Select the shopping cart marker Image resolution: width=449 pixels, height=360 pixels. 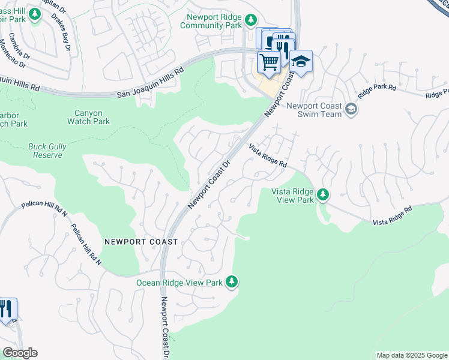pos(269,61)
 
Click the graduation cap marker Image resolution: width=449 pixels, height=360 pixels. pos(301,61)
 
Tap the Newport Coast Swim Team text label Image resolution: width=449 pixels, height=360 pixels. pos(314,110)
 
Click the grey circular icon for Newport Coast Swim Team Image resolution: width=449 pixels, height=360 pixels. pos(351,110)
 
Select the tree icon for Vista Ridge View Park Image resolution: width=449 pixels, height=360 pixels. pos(323,194)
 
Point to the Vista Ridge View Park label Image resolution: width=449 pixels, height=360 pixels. pos(294,196)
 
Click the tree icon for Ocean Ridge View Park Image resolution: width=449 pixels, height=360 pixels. pos(232,282)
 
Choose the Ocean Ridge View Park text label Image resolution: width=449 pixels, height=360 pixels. pos(179,283)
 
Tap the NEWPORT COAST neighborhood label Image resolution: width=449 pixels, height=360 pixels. pos(141,242)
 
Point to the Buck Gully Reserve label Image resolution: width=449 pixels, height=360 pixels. pos(47,151)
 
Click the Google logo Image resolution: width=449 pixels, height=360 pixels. pos(20,353)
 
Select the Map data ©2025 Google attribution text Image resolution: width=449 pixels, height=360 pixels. pos(411,355)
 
